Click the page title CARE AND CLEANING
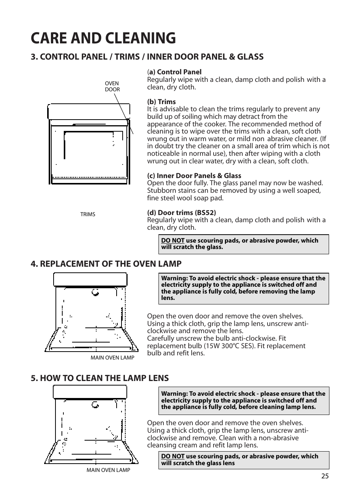(x=103, y=38)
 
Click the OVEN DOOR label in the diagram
(x=112, y=87)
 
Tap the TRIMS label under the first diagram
(x=88, y=214)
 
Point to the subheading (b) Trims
(x=162, y=102)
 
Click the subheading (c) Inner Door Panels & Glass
(x=194, y=176)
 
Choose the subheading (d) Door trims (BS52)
(x=182, y=213)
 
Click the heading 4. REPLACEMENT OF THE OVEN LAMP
(x=106, y=264)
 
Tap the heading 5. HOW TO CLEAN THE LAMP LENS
(x=100, y=378)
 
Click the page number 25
(x=325, y=476)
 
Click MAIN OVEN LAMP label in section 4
(x=112, y=358)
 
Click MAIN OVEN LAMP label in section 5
(x=108, y=470)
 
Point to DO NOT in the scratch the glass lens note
(x=172, y=456)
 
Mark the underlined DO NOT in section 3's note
(x=172, y=241)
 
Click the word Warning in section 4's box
(x=174, y=278)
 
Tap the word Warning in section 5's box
(x=174, y=394)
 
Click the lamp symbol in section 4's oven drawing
(x=95, y=292)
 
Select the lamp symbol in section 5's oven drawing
(x=95, y=405)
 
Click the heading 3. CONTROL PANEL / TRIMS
(x=147, y=57)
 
